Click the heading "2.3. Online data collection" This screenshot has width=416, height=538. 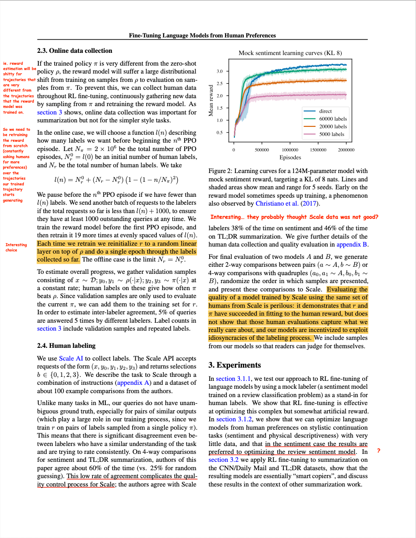click(74, 51)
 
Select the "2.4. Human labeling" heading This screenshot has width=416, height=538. click(67, 345)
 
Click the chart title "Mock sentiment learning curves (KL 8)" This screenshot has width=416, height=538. click(290, 53)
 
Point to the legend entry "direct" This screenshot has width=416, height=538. click(325, 111)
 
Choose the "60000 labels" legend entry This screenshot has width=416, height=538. click(333, 118)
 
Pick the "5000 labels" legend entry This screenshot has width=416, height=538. click(331, 134)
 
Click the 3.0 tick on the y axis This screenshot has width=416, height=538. click(220, 71)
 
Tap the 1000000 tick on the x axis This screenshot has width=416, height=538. click(290, 150)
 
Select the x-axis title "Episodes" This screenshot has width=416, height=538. click(290, 157)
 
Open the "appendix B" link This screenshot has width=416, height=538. click(352, 244)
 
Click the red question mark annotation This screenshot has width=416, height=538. click(379, 451)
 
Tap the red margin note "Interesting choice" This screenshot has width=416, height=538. click(16, 247)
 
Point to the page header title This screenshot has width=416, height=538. click(202, 36)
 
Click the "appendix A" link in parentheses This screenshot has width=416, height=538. click(134, 383)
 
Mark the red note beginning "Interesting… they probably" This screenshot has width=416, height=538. click(294, 217)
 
